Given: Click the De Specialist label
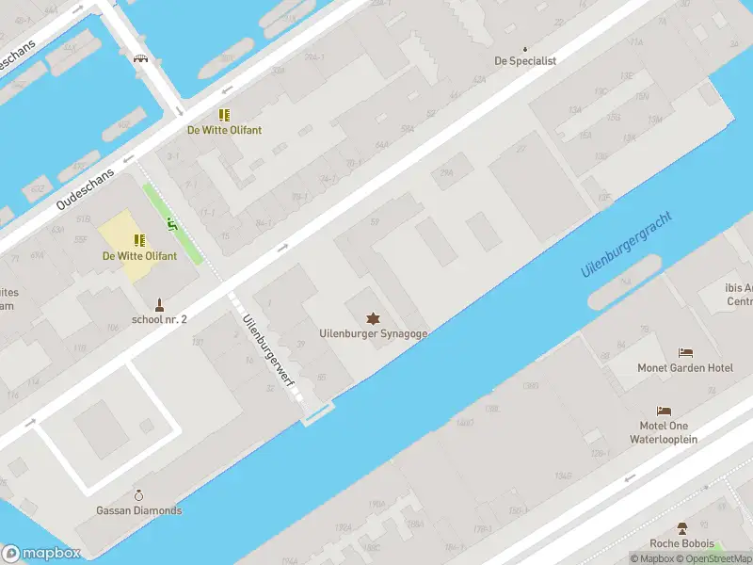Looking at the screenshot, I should pos(525,61).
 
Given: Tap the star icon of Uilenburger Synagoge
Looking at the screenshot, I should pos(374,318).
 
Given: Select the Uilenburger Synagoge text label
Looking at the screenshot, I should pos(374,333).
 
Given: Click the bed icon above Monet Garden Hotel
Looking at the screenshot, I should pos(685,353).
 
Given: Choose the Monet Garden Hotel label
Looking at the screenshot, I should pos(685,367).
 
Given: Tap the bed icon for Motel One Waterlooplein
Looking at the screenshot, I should pos(664,412).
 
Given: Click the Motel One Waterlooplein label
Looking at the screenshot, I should pos(664,432).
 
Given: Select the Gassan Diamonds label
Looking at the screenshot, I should pos(139,510).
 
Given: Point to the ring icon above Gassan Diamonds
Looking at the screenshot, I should pos(139,495).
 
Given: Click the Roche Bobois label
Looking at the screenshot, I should pos(681,543).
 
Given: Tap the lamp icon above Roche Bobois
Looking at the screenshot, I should pos(681,528).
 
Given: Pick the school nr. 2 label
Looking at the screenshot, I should pos(160,319).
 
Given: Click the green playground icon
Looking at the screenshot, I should pos(171,223).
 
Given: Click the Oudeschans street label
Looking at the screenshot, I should pos(85,190).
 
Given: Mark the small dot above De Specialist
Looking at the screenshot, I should pos(525,48).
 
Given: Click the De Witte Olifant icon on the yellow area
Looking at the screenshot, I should pos(139,241).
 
